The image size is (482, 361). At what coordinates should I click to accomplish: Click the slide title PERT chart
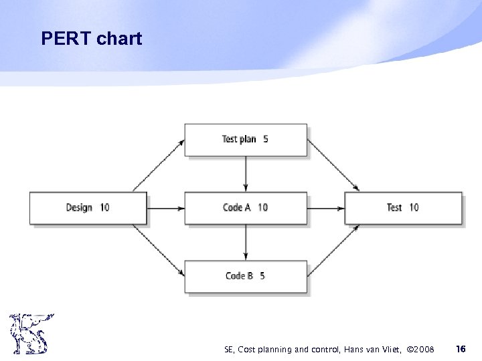pyautogui.click(x=91, y=39)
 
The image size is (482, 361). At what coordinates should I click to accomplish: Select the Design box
pyautogui.click(x=88, y=208)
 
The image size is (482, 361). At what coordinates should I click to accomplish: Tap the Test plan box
pyautogui.click(x=246, y=140)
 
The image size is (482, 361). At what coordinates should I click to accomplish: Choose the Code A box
pyautogui.click(x=246, y=208)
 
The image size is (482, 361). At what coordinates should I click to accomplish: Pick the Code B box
pyautogui.click(x=246, y=276)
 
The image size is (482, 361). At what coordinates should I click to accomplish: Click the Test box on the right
pyautogui.click(x=403, y=208)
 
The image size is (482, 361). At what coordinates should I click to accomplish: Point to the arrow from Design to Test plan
pyautogui.click(x=159, y=165)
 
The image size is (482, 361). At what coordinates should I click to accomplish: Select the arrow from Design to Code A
pyautogui.click(x=165, y=208)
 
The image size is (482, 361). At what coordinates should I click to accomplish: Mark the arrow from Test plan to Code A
pyautogui.click(x=246, y=174)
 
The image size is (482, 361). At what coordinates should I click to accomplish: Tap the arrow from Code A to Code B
pyautogui.click(x=246, y=242)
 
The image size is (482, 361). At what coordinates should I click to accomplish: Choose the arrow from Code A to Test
pyautogui.click(x=326, y=208)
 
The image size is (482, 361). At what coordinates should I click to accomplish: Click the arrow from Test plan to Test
pyautogui.click(x=333, y=165)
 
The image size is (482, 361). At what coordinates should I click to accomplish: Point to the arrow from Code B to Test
pyautogui.click(x=333, y=250)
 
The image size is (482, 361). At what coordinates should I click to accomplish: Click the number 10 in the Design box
pyautogui.click(x=104, y=208)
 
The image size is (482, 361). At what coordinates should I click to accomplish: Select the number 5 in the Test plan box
pyautogui.click(x=266, y=140)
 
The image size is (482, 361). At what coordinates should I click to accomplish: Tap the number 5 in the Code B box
pyautogui.click(x=262, y=276)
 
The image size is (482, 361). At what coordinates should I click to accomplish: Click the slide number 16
pyautogui.click(x=460, y=348)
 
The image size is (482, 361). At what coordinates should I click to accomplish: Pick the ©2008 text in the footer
pyautogui.click(x=420, y=349)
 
